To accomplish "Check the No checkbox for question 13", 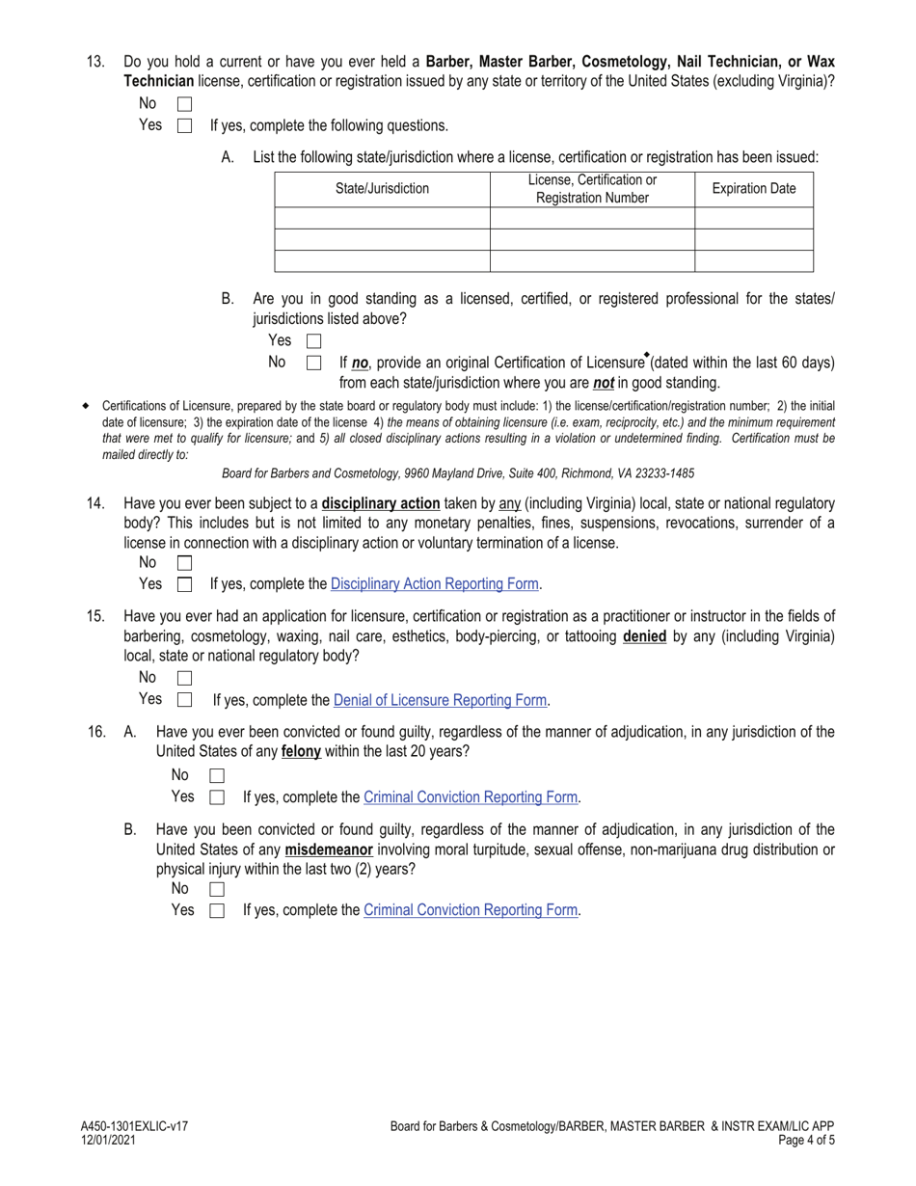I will [x=185, y=104].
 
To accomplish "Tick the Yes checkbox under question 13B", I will [x=313, y=341].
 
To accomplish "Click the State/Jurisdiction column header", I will [x=382, y=189].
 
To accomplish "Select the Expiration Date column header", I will [x=753, y=189].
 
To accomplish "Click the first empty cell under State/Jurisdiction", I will [x=382, y=218].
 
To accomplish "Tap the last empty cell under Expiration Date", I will [x=753, y=261].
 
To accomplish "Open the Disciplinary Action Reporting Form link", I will [x=435, y=584].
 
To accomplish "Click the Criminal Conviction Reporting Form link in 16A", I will [x=471, y=797].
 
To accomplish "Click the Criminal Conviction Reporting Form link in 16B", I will [x=471, y=910].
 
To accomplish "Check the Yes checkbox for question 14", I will [x=185, y=584].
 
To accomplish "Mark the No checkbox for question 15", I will [x=185, y=679].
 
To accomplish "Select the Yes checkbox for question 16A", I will [x=217, y=797].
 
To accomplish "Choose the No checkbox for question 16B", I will [x=217, y=889].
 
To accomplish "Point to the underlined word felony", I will [x=301, y=751].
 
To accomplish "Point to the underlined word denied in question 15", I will [x=644, y=636].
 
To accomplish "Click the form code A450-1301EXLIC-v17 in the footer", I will [x=134, y=1126].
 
